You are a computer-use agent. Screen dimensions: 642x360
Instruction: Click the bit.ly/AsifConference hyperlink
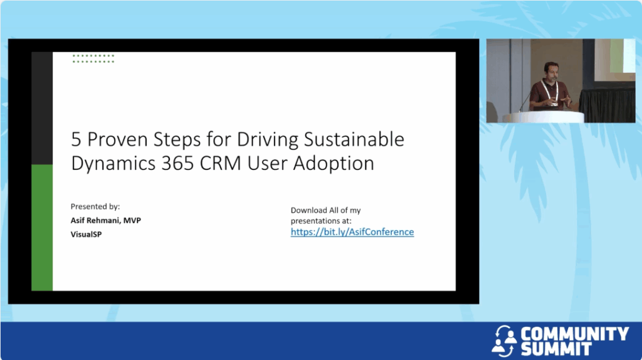352,232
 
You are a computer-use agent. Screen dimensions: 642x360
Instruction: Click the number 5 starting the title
76,139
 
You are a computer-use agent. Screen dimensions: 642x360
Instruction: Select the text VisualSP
86,235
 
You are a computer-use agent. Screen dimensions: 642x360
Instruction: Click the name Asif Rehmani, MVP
105,220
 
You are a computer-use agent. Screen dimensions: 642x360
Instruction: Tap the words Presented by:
95,206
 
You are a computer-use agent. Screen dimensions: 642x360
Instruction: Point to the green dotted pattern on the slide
93,58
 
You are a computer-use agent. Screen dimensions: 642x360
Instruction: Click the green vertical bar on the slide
42,228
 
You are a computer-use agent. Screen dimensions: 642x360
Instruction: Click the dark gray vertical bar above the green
42,108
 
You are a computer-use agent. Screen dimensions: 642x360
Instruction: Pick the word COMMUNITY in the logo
574,334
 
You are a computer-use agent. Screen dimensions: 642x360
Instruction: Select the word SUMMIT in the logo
556,349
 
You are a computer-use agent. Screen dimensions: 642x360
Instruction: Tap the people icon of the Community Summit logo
505,341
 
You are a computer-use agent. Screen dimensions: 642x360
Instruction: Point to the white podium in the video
544,117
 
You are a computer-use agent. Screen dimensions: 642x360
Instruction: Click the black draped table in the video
607,105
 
